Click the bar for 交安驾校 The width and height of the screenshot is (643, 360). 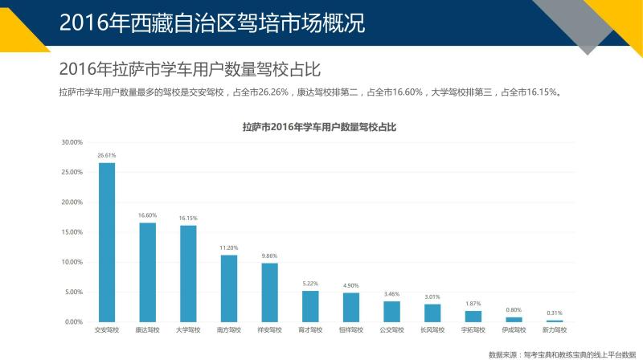[107, 242]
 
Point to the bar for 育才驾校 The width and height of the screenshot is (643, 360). [310, 306]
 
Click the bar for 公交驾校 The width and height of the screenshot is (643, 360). [391, 311]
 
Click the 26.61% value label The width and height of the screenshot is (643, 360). [107, 155]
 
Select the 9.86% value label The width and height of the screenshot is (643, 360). [269, 256]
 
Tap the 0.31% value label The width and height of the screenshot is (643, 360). [554, 313]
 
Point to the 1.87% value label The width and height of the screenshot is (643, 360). [473, 304]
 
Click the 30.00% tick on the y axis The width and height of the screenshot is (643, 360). [72, 142]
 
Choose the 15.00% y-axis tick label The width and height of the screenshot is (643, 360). [72, 232]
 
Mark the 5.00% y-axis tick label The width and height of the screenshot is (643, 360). [73, 292]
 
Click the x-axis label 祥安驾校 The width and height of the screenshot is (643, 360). [269, 329]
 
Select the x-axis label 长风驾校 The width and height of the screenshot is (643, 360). [432, 329]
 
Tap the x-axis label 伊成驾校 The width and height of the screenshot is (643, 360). [513, 329]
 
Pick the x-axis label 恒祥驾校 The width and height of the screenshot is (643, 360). [350, 329]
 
